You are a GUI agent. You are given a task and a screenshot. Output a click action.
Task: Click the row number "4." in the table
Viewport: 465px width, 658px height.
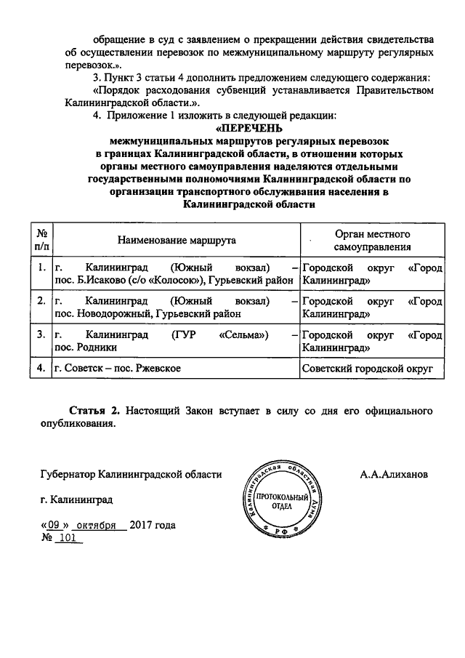(42, 369)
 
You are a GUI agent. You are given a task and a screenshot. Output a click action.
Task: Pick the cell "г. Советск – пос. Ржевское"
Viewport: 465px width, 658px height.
(118, 369)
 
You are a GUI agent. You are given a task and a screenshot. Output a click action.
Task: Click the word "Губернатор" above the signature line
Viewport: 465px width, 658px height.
(69, 474)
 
